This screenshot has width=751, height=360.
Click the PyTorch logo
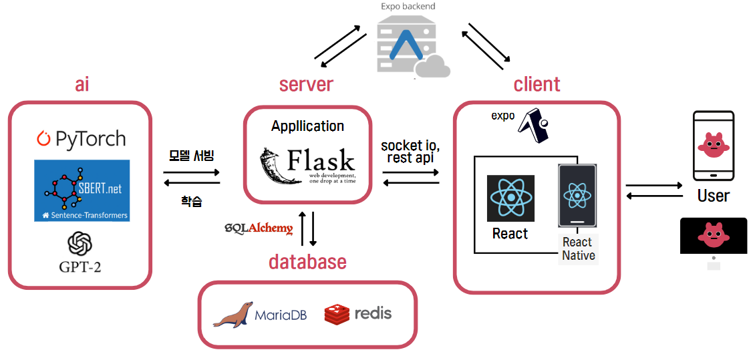coord(81,139)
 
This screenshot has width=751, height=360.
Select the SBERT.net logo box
coord(82,190)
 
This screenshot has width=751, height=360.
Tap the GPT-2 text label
coord(80,267)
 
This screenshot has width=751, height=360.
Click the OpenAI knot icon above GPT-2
coord(80,243)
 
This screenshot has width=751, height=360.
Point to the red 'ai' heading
coord(82,84)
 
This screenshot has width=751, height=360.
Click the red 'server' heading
coord(306,84)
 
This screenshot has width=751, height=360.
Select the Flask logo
coord(307,165)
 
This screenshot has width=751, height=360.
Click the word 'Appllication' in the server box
coord(307,126)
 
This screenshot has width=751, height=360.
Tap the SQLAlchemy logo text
coord(259,228)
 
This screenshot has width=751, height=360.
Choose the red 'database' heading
coord(307,261)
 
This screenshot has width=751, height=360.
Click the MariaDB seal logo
coord(233,314)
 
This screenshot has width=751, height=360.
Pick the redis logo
coord(358,313)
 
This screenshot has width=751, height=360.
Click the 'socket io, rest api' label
coord(410,151)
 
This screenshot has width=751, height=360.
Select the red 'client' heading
coord(537,84)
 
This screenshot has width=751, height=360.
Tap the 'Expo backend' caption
coord(408,7)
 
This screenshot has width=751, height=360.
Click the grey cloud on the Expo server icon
coord(433,67)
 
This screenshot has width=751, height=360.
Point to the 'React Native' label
coord(578,248)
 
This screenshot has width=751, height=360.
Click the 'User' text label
coord(713,196)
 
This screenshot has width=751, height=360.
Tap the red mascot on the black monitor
coord(713,234)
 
